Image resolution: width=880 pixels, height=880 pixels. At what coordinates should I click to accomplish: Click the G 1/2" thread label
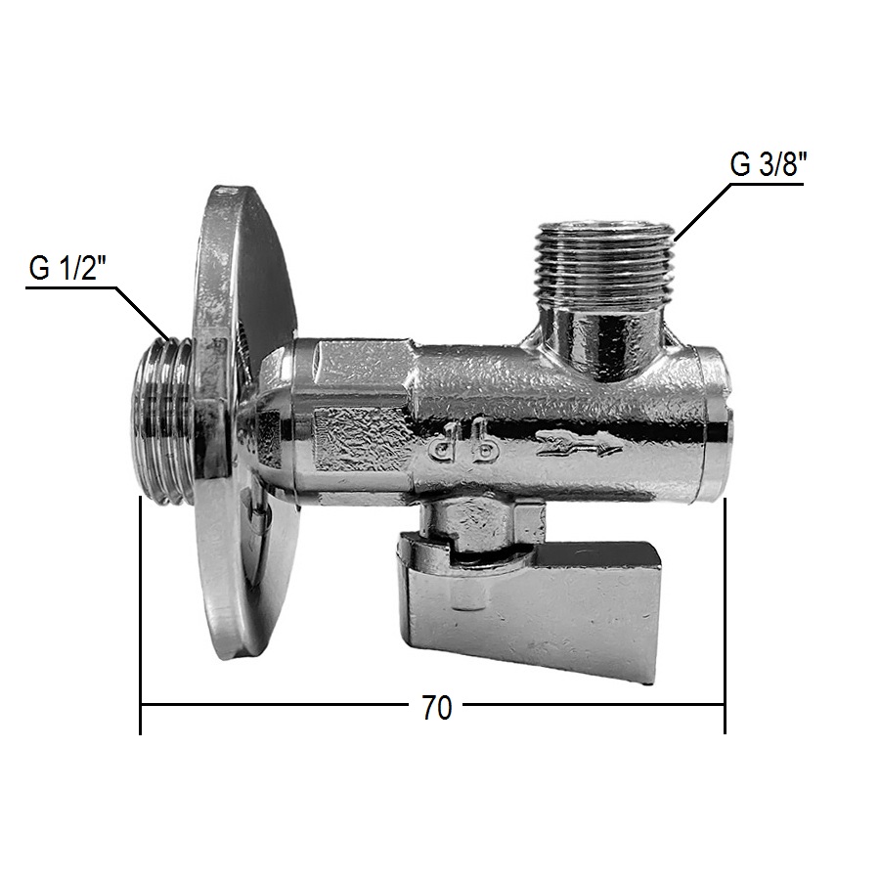67,269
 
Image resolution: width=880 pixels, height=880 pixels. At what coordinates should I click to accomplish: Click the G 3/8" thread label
768,165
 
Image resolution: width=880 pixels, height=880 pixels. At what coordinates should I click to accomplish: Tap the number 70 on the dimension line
437,708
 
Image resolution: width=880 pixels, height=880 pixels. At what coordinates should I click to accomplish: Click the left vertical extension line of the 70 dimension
140,615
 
